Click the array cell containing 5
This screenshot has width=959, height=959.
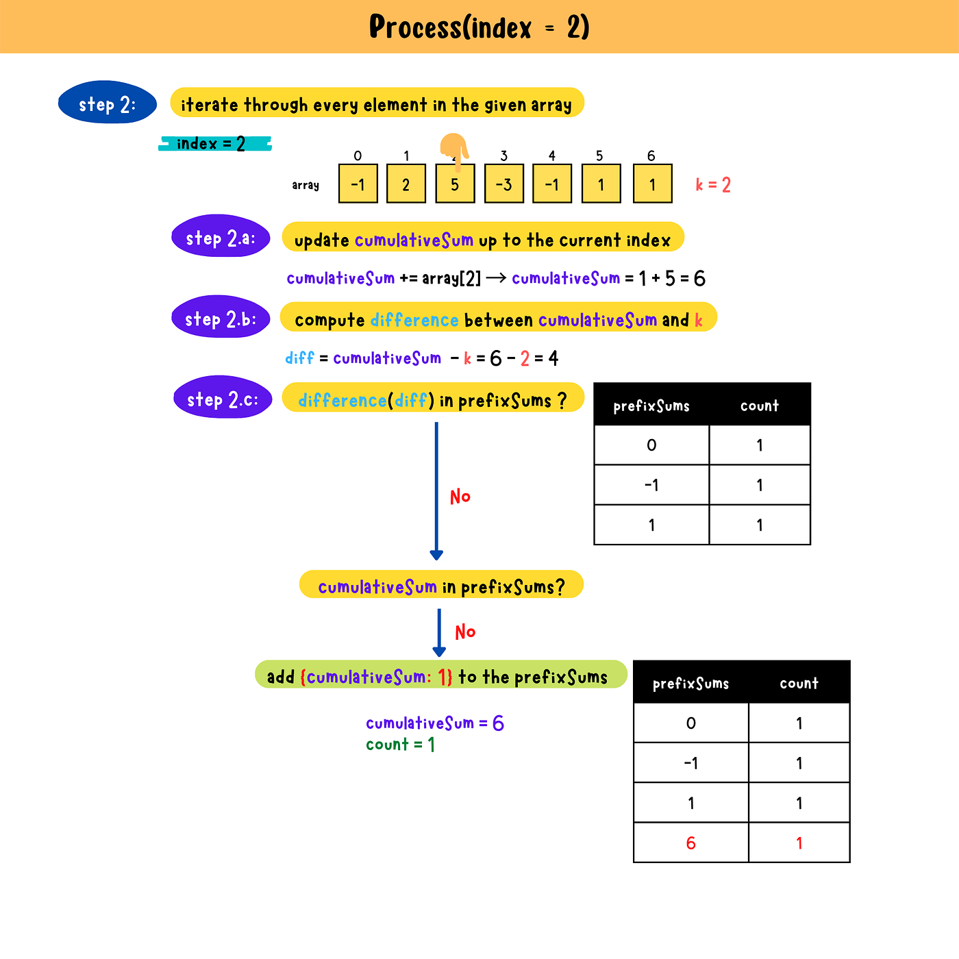(x=455, y=184)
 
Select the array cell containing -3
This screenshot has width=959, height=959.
(x=503, y=184)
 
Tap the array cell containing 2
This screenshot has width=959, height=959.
(x=406, y=184)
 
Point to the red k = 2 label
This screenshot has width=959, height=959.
(x=713, y=185)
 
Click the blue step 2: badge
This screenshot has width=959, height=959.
(x=108, y=104)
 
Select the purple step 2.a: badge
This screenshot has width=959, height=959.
(x=221, y=238)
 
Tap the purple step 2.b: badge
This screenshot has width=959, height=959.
(x=221, y=319)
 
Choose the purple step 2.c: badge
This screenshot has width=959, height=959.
(x=223, y=399)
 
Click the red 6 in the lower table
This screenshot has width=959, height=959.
(x=690, y=843)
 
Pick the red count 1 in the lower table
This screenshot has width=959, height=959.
(x=799, y=843)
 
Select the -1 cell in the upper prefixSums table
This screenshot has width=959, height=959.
(x=651, y=485)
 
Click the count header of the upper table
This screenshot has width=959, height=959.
(x=760, y=406)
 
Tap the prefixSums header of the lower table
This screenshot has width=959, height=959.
(x=690, y=683)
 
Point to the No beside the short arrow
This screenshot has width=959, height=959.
(x=465, y=632)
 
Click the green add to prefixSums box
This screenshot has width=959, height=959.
(x=440, y=675)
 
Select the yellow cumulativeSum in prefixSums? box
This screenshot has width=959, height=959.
(x=441, y=586)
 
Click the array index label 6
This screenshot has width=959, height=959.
(x=651, y=155)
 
